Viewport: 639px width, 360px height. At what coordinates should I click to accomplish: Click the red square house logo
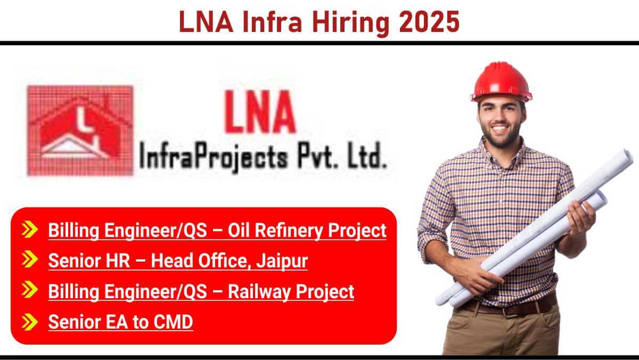coord(80,130)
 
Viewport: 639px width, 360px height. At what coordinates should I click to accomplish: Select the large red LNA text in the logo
coord(260,112)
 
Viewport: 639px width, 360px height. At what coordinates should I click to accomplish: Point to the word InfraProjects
coord(214,158)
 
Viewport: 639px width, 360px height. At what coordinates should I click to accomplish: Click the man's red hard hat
coord(501,82)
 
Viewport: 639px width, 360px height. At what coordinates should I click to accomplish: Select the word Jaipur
coord(282,261)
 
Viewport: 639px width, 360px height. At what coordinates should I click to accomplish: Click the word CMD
coord(174,322)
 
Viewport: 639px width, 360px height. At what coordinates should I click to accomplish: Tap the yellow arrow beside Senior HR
coord(30,259)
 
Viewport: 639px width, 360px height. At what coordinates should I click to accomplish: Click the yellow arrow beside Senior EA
coord(30,322)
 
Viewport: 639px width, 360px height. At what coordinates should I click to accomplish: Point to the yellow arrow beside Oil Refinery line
coord(30,229)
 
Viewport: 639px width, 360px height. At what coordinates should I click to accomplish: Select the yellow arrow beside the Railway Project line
coord(30,290)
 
